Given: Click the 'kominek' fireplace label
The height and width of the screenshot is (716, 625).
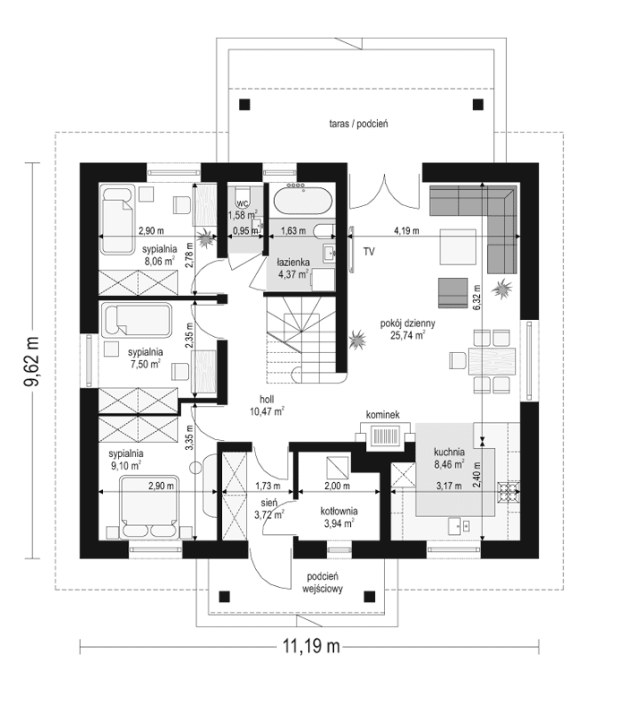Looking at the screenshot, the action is click(x=382, y=415).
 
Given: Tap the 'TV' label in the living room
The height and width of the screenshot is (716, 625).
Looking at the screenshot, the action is click(x=369, y=251).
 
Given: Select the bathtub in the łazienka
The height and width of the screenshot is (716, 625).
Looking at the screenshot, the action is click(x=303, y=200).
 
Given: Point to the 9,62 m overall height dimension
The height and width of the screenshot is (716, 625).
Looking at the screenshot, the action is click(x=31, y=361).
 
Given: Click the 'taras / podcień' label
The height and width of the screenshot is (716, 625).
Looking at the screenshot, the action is click(x=358, y=124).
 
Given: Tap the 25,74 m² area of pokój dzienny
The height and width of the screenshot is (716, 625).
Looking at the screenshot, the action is click(x=407, y=336).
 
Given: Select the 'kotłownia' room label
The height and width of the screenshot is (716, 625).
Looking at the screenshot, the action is click(x=339, y=512).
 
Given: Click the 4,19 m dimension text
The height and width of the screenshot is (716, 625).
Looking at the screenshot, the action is click(x=407, y=230).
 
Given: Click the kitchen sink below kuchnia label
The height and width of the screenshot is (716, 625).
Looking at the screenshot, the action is click(x=459, y=526).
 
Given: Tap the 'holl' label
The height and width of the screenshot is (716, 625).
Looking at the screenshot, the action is click(x=267, y=400).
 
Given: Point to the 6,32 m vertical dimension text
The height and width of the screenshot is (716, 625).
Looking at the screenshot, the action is click(x=476, y=298).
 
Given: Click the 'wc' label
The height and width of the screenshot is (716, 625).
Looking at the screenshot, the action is click(x=243, y=203).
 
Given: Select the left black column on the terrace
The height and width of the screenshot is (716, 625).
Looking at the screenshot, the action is click(x=245, y=105).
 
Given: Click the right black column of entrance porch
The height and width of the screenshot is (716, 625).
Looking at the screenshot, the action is click(x=370, y=596).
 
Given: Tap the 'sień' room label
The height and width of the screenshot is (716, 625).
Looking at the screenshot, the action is click(x=269, y=503).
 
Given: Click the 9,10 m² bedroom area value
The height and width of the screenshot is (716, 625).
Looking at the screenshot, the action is click(x=124, y=466).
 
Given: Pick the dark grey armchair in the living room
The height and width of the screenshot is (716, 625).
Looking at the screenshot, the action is click(x=453, y=293).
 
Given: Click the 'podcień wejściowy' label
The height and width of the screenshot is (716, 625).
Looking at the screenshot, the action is click(x=322, y=582).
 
